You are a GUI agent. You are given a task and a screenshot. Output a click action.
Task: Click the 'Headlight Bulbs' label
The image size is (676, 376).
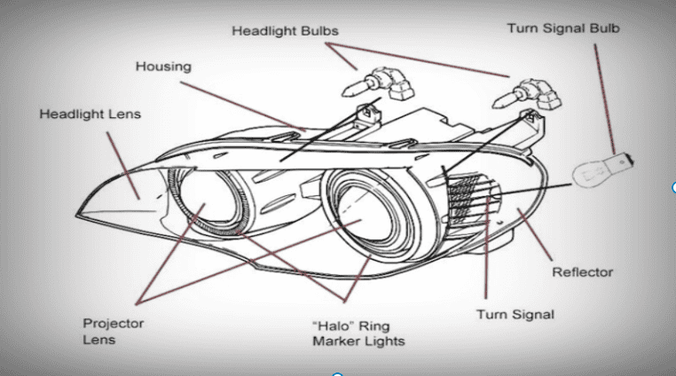285,31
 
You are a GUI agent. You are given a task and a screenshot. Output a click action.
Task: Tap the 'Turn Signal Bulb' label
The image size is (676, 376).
563,28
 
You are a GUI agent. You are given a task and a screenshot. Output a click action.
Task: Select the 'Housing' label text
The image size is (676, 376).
163,67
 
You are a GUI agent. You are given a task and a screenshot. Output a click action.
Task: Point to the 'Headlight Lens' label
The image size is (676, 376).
90,114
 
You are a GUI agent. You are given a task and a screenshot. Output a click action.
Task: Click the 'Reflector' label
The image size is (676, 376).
583,272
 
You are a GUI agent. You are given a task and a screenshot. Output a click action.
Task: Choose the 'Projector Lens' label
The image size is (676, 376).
114,331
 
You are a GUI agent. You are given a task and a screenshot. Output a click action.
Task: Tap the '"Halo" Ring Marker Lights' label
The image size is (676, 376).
358,333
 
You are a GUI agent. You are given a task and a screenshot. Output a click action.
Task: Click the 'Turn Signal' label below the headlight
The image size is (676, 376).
515,314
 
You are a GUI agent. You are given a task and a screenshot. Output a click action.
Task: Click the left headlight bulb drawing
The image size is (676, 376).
378,83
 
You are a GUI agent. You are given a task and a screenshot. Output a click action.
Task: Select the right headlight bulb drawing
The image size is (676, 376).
527,94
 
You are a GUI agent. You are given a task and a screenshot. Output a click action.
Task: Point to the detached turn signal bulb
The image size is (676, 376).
602,170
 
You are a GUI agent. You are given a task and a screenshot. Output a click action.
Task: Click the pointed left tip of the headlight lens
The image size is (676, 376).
77,215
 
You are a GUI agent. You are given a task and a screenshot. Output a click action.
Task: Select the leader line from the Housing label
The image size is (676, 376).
243,106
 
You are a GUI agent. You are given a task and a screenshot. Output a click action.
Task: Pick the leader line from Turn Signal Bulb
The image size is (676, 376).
604,98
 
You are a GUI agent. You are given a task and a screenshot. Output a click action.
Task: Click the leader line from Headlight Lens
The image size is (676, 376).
123,166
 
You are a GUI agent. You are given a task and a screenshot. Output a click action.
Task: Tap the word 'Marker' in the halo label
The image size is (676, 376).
335,341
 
